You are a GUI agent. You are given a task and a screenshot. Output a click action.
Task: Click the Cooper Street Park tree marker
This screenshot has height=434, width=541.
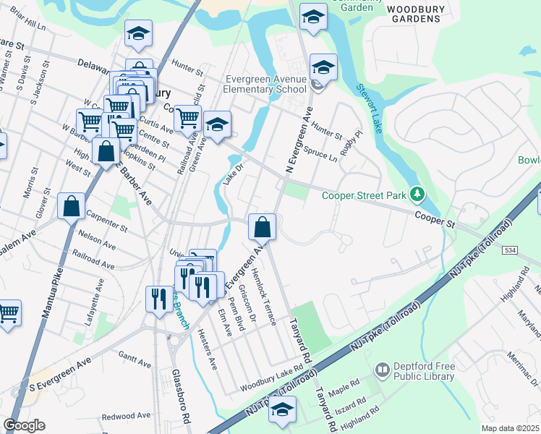coord(417,194)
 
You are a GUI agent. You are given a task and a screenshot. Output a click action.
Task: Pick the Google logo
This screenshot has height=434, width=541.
coord(24,425)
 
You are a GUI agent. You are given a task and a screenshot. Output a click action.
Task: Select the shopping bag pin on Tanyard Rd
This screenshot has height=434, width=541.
coord(262,227)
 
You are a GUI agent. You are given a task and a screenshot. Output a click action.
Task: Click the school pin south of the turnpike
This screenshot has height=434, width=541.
coord(281,410)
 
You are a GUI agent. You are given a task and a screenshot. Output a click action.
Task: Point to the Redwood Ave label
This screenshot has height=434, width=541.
coord(126,416)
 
